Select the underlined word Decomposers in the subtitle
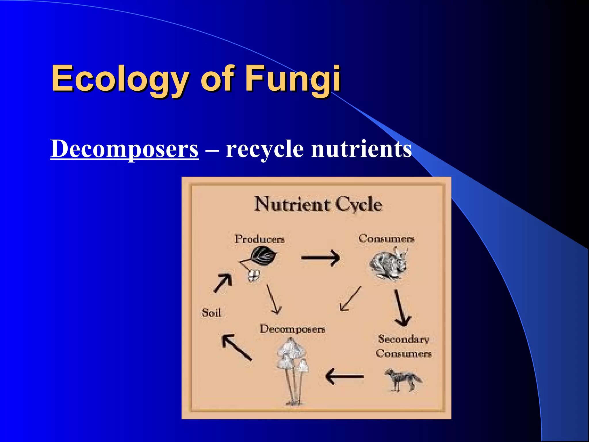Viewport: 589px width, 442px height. point(124,149)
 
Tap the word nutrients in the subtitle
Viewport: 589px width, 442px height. point(361,149)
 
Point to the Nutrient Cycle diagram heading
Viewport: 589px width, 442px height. point(318,205)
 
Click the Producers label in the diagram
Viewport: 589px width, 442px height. point(260,239)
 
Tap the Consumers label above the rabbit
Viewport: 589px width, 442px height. point(386,238)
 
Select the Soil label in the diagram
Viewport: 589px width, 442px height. point(211,313)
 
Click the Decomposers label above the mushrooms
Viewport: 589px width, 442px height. point(292,329)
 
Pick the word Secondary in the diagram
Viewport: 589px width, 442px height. point(403,339)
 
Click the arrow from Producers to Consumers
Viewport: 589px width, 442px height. point(320,258)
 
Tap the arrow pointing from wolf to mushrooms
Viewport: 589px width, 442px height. point(345,376)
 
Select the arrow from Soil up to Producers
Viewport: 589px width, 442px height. point(223,283)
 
